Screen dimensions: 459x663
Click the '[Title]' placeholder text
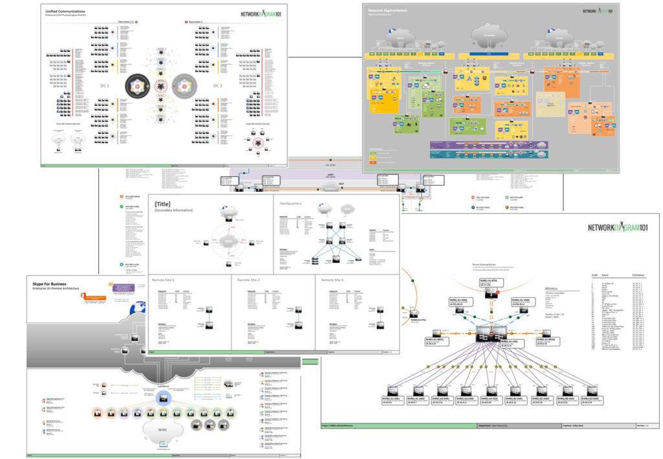[x=163, y=203]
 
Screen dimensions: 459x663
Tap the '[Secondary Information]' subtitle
[x=173, y=210]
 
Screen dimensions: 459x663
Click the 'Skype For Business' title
[x=51, y=283]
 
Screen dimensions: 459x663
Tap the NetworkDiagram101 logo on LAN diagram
[x=618, y=227]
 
